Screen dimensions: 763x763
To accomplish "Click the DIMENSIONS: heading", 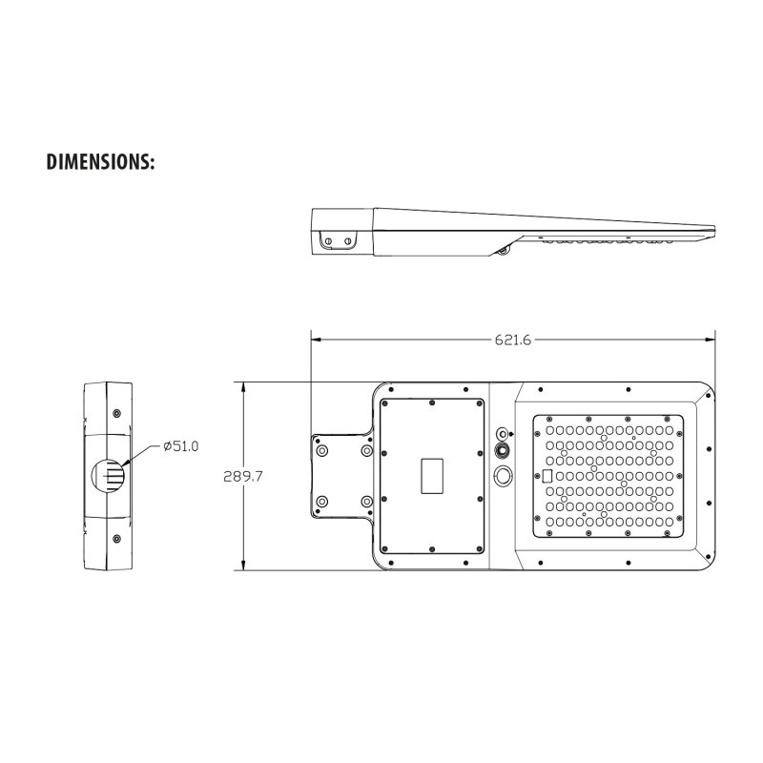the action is pyautogui.click(x=100, y=162).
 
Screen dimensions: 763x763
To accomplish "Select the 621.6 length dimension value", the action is pyautogui.click(x=513, y=340).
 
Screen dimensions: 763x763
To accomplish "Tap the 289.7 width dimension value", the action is pyautogui.click(x=243, y=476).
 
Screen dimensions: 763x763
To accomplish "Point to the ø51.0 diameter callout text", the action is pyautogui.click(x=181, y=445).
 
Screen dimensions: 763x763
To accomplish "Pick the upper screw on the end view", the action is pyautogui.click(x=116, y=414).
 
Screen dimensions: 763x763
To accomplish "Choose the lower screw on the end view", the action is pyautogui.click(x=116, y=539).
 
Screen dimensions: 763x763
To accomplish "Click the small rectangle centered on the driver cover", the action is pyautogui.click(x=432, y=475).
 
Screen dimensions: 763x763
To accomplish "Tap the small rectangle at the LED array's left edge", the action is pyautogui.click(x=546, y=476).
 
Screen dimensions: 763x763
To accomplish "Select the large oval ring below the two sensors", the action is pyautogui.click(x=503, y=475).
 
